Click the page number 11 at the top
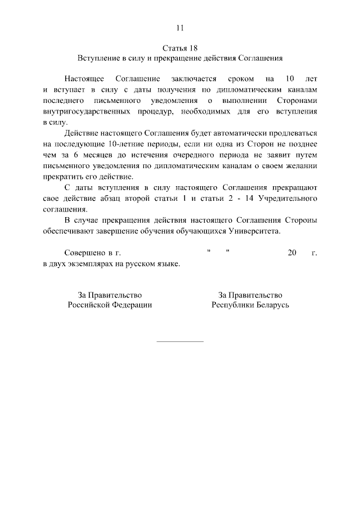[x=180, y=28]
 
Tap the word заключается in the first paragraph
[x=193, y=79]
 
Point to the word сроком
[x=242, y=79]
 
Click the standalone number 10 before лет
[x=290, y=79]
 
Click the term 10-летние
[x=126, y=143]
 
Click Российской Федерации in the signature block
[x=110, y=305]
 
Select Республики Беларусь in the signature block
[x=250, y=305]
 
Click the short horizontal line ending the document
[x=179, y=341]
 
